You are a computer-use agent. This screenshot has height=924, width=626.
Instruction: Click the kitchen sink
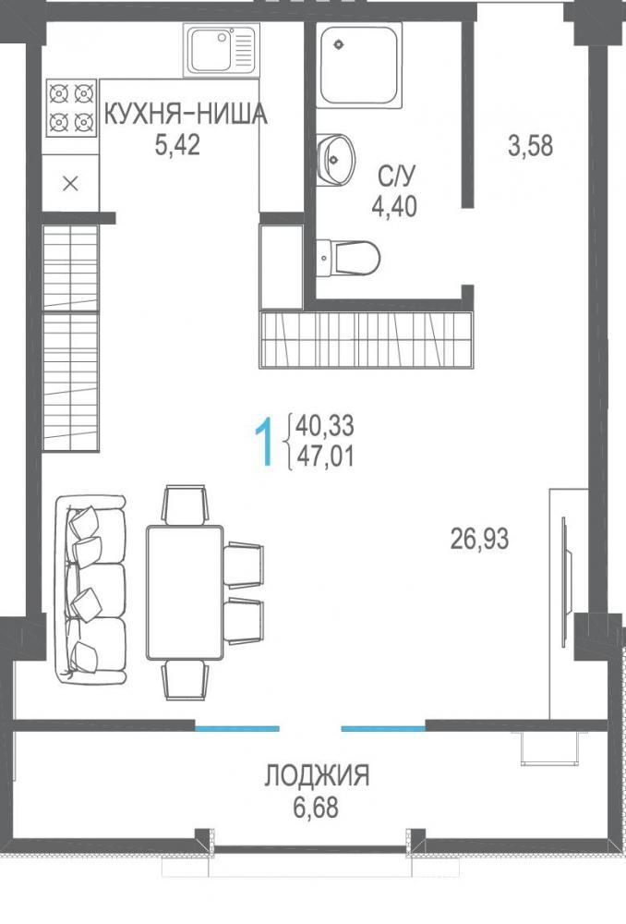point(221,50)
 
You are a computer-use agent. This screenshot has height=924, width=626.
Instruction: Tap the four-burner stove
point(71,108)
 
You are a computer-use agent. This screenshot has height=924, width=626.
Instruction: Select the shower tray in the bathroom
point(359,65)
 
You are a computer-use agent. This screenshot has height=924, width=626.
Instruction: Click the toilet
point(348,257)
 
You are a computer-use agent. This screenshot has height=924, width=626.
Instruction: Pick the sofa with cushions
point(90,590)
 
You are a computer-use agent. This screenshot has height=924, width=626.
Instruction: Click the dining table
point(185,592)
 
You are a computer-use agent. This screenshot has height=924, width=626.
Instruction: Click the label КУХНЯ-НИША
point(186,115)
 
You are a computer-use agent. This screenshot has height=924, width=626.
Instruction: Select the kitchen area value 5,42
point(177,144)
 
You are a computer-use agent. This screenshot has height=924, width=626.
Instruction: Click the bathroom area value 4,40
point(394,206)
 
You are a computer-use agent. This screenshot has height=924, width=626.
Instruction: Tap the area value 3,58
point(531,146)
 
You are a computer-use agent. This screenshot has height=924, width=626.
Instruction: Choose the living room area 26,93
point(479,539)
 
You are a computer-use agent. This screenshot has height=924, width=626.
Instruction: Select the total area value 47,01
point(326,456)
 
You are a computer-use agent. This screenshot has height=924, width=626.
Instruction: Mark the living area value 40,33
point(326,425)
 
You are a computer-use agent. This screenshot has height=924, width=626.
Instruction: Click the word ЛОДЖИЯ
point(317,775)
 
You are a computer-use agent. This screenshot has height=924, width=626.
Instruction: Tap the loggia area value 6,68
point(317,808)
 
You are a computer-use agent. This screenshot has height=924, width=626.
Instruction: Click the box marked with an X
point(71,184)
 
